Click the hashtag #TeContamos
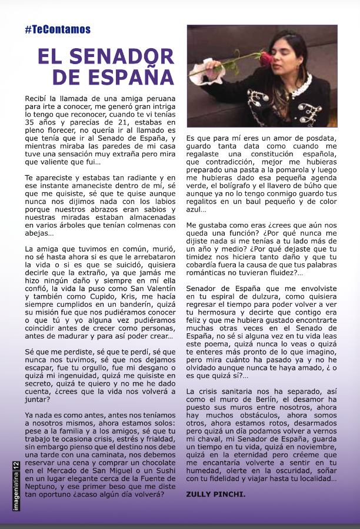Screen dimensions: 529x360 point(58,30)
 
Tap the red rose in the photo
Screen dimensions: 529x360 point(266,58)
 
